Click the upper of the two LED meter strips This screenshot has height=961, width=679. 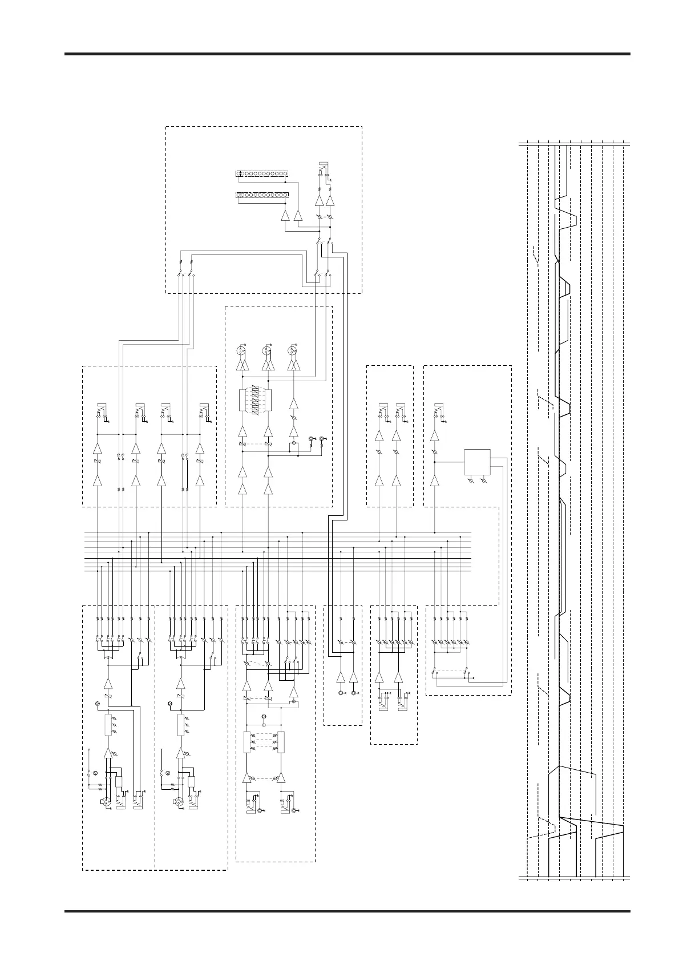coord(261,173)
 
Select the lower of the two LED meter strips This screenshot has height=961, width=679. coord(261,197)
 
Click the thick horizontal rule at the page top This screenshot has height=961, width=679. coord(347,54)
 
